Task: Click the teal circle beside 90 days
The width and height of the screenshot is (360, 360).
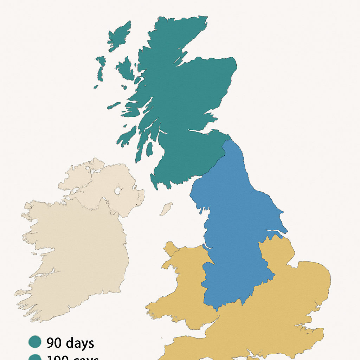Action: coord(35,342)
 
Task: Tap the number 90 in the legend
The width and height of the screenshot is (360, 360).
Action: coord(54,343)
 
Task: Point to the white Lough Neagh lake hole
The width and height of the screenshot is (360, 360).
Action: coord(117,191)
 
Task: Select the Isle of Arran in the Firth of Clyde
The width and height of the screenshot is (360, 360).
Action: coord(149,148)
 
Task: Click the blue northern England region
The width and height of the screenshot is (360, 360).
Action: coord(236,225)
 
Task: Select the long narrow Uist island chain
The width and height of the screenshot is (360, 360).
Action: coord(100,70)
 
